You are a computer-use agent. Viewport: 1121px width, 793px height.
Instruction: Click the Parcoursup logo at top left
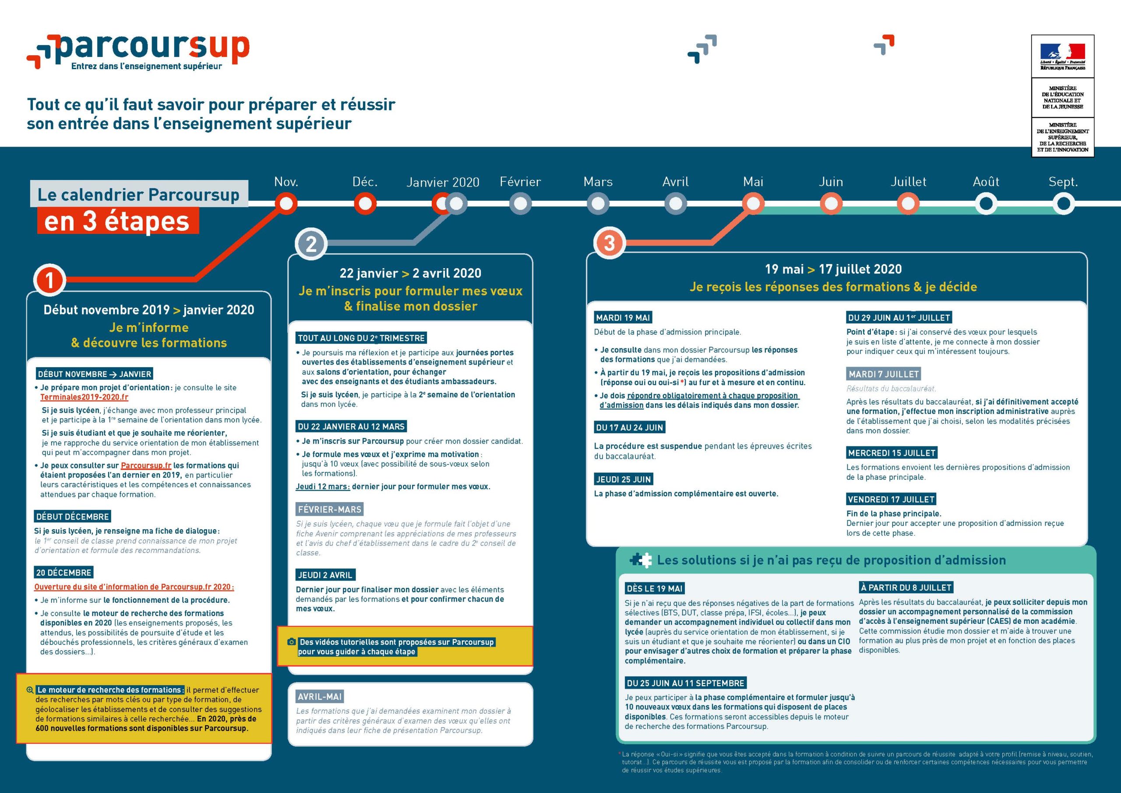138,52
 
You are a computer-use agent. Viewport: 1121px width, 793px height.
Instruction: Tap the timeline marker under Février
521,204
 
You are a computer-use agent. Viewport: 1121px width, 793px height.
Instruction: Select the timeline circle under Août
986,204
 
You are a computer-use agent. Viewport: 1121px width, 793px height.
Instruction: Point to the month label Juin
831,182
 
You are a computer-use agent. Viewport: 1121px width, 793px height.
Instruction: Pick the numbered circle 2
311,243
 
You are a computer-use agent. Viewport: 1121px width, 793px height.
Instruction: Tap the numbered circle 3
609,243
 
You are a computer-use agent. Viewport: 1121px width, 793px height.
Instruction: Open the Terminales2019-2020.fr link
85,397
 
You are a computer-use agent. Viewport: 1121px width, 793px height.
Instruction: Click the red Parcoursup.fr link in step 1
146,466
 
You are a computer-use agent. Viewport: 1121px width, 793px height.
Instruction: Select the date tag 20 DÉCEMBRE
64,573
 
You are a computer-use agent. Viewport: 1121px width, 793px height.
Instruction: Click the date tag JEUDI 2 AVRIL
325,575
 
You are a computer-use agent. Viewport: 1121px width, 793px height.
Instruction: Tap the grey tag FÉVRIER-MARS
330,510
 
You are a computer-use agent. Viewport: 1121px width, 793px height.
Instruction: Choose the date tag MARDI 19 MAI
623,318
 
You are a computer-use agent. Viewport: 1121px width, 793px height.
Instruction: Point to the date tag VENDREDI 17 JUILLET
892,499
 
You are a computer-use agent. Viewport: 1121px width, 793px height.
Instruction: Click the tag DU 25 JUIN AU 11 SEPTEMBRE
685,683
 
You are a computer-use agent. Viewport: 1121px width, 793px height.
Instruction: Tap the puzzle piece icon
641,560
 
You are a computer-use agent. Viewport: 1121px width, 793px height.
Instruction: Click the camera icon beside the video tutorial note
292,641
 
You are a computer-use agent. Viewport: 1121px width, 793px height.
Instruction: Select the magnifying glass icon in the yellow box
30,690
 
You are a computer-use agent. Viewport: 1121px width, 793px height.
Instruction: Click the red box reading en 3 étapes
118,221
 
